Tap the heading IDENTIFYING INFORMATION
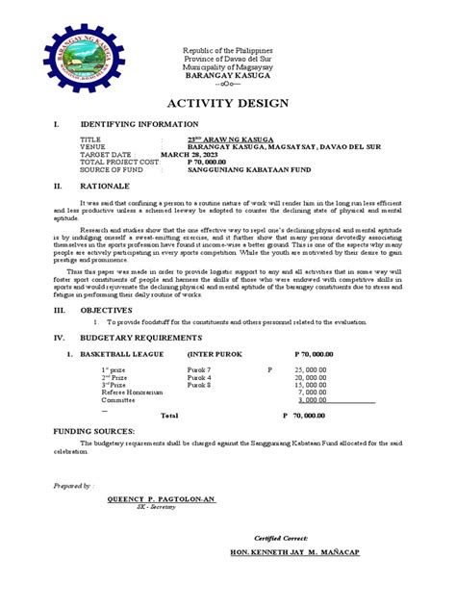(139, 124)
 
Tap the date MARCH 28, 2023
(190, 154)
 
